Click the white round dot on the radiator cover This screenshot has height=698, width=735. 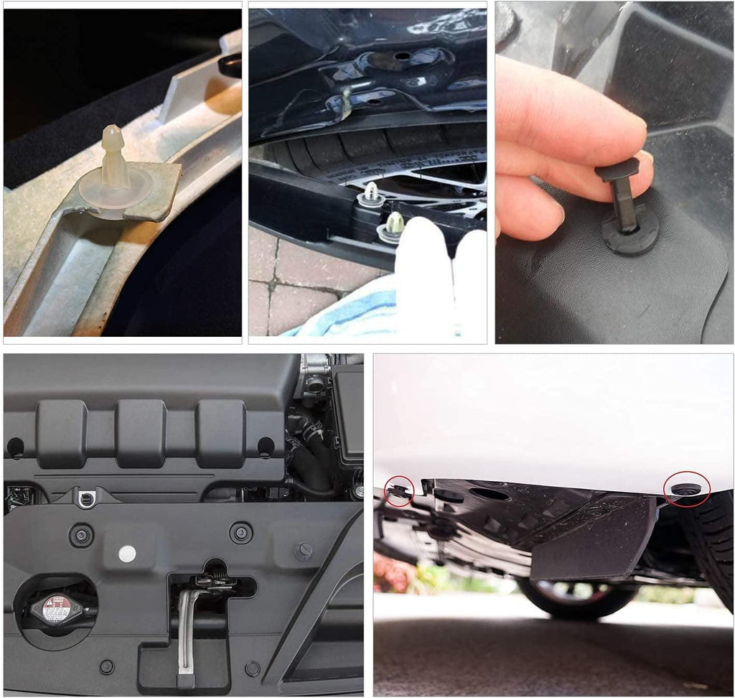tap(127, 553)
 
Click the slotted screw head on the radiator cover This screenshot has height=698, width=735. tap(304, 552)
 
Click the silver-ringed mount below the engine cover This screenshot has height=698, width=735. tap(87, 496)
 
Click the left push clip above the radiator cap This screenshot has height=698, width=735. tap(80, 534)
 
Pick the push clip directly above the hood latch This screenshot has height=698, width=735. tap(240, 532)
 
